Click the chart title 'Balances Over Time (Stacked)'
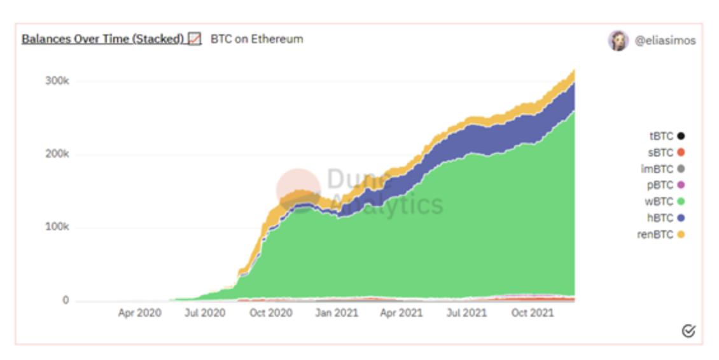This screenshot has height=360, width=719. (102, 39)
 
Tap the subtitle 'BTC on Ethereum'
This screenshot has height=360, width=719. (256, 39)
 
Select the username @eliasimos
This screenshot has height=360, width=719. (665, 40)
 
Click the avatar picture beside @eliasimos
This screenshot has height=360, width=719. (618, 40)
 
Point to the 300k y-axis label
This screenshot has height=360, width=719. (57, 81)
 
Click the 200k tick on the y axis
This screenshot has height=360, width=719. (57, 155)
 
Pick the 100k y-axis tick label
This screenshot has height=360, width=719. (57, 228)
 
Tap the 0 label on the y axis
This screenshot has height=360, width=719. (65, 301)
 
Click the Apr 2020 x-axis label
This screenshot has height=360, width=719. (139, 313)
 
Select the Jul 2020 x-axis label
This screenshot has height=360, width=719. (205, 313)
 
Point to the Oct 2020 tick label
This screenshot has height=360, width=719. (270, 313)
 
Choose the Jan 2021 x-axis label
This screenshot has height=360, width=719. (337, 313)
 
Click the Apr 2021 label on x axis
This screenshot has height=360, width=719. (401, 313)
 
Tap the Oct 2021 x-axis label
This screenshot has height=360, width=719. (533, 313)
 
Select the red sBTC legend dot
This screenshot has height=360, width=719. (681, 153)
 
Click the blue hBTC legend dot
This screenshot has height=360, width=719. (681, 218)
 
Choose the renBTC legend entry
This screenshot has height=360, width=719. (662, 235)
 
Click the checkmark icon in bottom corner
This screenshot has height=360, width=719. (688, 331)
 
